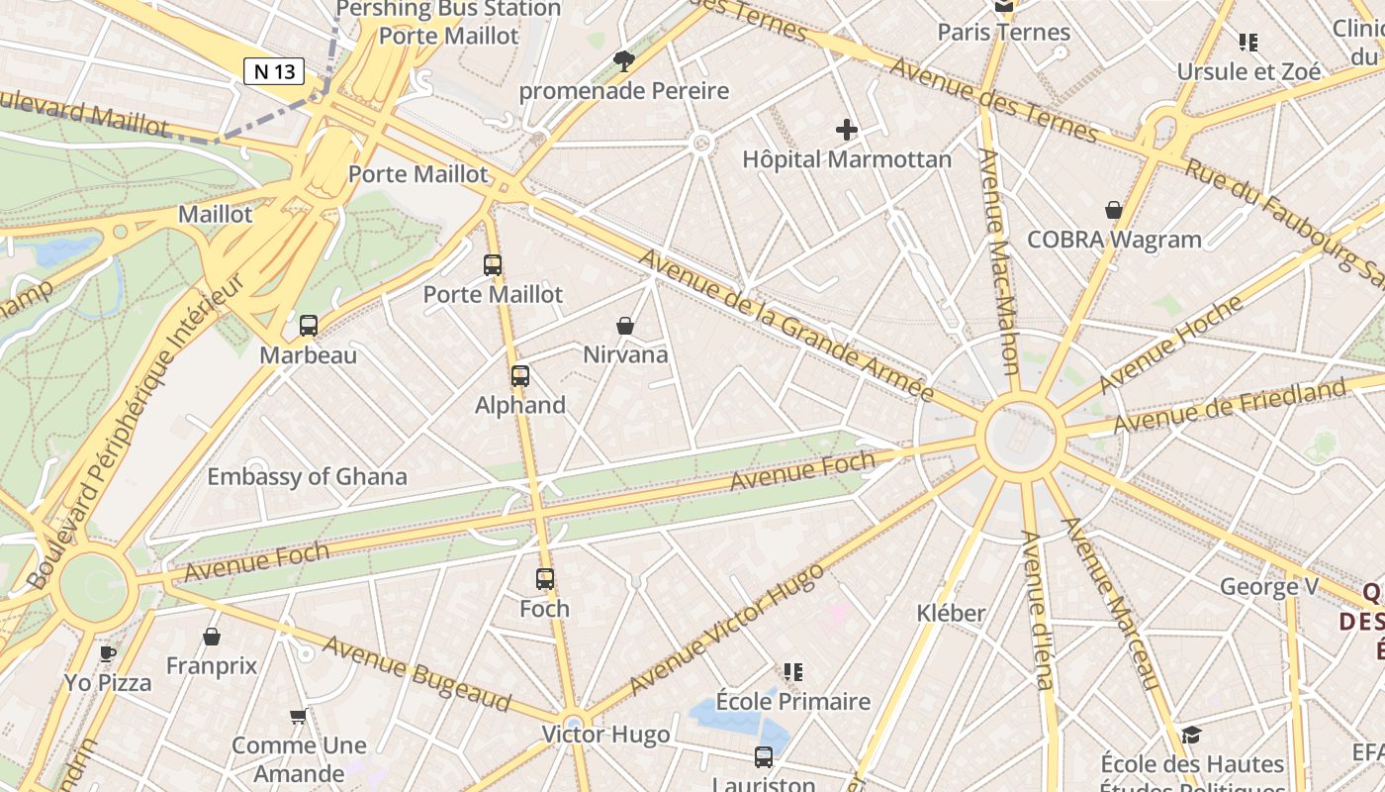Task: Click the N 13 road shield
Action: (274, 71)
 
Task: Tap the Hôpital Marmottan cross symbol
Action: (846, 130)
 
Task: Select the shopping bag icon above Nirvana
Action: (625, 325)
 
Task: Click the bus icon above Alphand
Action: (520, 376)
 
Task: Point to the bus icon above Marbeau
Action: (309, 325)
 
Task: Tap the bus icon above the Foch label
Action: (545, 579)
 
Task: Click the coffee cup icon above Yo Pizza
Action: (108, 653)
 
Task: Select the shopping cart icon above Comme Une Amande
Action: (298, 716)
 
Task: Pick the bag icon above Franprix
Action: (211, 637)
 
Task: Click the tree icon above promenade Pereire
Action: (623, 61)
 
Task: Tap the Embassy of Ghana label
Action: (307, 476)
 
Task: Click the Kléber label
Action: (951, 613)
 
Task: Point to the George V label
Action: (1269, 586)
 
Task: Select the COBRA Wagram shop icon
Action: (1114, 210)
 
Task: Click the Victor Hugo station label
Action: (605, 735)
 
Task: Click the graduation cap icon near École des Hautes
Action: (1191, 735)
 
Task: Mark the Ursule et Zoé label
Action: (1248, 71)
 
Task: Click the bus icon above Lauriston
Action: (764, 757)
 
